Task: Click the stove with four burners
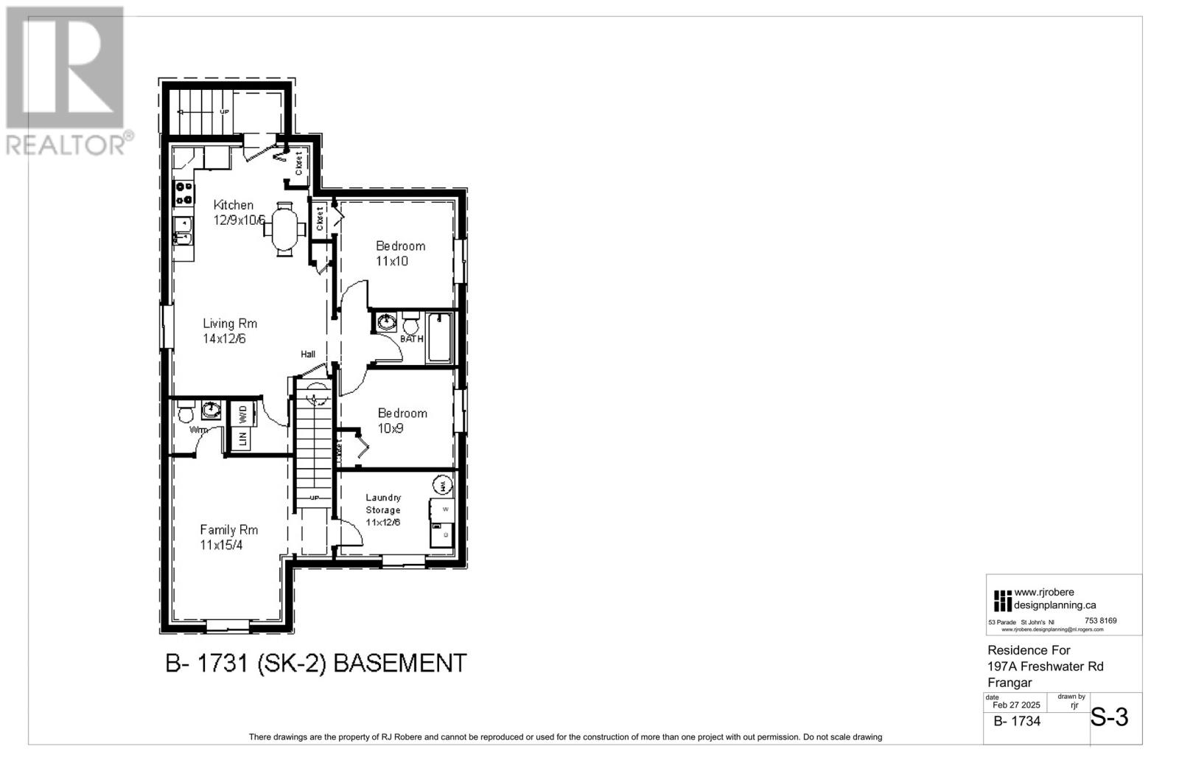183,194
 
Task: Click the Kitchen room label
233,205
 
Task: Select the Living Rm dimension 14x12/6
225,338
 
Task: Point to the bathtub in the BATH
440,338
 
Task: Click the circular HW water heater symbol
442,485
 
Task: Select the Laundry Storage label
383,504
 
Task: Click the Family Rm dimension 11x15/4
221,546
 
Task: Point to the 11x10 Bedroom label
400,246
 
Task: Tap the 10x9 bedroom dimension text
391,428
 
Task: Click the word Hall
308,355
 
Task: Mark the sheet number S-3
1109,717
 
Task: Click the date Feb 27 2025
1016,705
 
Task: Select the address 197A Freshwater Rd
1045,666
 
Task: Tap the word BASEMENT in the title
400,663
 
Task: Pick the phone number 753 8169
1101,621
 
